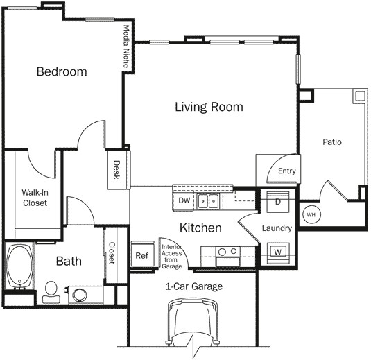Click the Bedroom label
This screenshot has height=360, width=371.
(x=62, y=71)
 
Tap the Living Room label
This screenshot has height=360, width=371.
(x=209, y=107)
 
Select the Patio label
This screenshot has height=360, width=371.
(x=332, y=142)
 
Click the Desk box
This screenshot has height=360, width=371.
(x=116, y=170)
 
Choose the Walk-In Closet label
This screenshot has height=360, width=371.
(x=34, y=198)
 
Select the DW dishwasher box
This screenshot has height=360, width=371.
(x=184, y=200)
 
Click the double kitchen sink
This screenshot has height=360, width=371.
(x=208, y=201)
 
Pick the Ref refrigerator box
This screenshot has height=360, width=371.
(x=142, y=255)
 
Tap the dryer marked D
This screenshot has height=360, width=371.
(x=277, y=202)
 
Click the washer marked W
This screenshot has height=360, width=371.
(x=277, y=250)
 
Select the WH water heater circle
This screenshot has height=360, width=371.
(x=310, y=214)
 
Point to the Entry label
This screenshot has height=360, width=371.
(x=286, y=171)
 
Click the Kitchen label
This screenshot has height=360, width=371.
(x=200, y=228)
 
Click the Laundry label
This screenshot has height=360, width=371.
(x=277, y=228)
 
